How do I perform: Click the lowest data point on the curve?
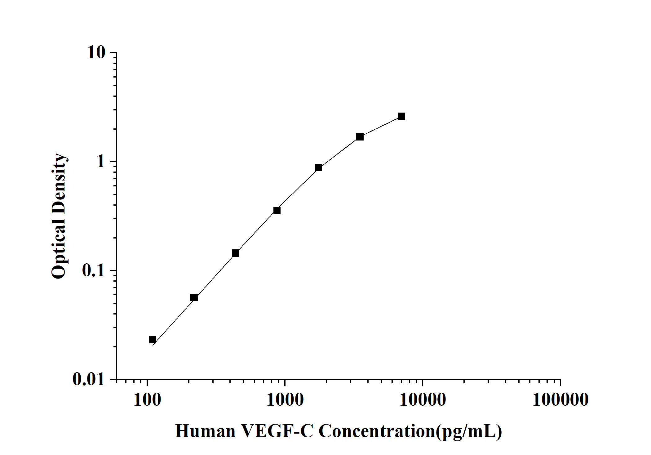point(153,340)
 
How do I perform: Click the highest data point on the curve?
point(401,116)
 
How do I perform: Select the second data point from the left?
point(194,298)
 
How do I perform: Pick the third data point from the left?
point(236,253)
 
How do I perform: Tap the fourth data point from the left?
point(277,211)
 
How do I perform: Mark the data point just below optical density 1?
point(318,167)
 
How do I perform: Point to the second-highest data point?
point(360,137)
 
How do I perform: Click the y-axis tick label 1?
point(101,161)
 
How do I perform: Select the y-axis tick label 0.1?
point(94,270)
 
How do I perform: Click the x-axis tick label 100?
point(147,400)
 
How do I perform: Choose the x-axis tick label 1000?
point(285,400)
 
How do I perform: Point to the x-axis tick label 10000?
point(423,400)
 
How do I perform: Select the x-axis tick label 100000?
point(560,400)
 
